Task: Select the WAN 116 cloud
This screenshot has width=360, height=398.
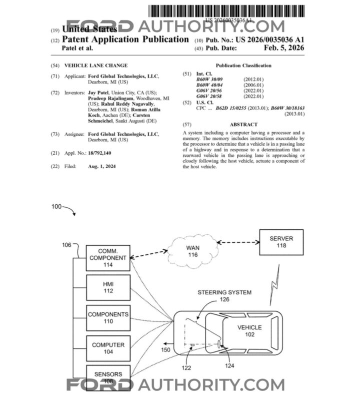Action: coord(193,251)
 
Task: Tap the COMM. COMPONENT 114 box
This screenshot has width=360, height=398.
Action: coord(108,258)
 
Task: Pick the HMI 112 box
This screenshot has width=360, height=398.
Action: coord(108,287)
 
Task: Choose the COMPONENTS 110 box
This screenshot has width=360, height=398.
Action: coord(108,318)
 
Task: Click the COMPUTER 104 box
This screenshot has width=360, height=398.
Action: coord(108,348)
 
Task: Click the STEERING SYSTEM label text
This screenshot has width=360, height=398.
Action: coord(224,292)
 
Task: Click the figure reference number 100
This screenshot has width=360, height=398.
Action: coord(57,206)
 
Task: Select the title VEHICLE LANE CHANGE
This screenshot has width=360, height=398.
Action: coord(96,66)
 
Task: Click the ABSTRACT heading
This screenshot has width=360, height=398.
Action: coord(243,125)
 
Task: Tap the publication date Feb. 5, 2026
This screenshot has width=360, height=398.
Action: coord(285,49)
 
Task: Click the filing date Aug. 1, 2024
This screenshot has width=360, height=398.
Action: coord(102,166)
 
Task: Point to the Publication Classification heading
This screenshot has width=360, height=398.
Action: coord(243,66)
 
